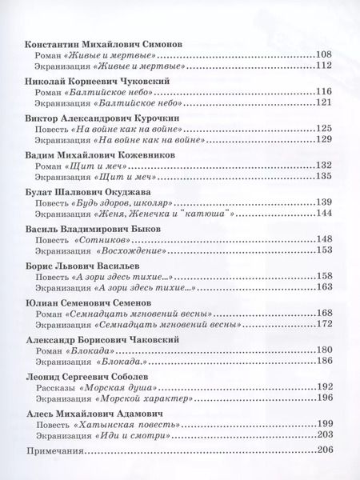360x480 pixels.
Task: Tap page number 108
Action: tap(323, 54)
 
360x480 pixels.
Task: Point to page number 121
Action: tap(323, 103)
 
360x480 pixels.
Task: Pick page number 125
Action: tap(323, 128)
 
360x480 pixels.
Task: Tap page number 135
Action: tap(323, 177)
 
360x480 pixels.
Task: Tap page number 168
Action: tap(323, 313)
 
